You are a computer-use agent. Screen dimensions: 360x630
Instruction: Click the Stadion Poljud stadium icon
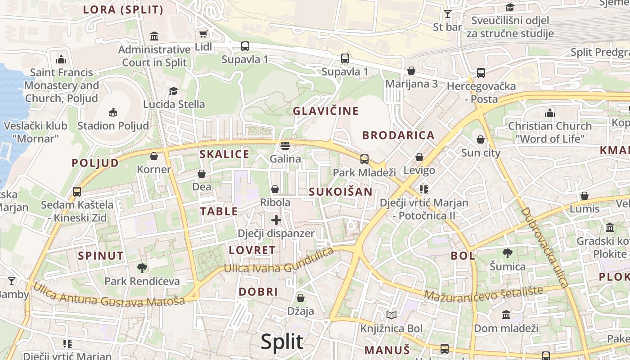(x=113, y=112)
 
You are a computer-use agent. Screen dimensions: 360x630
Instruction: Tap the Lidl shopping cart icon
(x=203, y=34)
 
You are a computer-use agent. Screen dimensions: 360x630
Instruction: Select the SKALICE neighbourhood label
(x=224, y=154)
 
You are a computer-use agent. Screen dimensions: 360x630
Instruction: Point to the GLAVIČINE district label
(x=326, y=111)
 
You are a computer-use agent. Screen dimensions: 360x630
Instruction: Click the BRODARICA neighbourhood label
(x=398, y=135)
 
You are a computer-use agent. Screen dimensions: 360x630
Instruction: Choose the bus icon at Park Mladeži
(x=364, y=159)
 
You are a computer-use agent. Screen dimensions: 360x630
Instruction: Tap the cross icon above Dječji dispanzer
(x=276, y=220)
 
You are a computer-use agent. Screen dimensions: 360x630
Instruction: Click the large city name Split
(x=282, y=342)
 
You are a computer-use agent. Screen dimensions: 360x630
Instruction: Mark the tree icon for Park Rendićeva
(x=142, y=268)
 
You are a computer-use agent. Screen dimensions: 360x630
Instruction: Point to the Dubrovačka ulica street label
(x=545, y=247)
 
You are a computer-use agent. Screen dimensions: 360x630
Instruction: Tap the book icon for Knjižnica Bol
(x=391, y=315)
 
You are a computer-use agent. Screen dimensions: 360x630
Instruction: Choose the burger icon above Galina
(x=285, y=146)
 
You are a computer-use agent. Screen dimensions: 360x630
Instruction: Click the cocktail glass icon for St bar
(x=448, y=14)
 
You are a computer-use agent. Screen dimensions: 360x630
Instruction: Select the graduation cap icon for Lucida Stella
(x=174, y=91)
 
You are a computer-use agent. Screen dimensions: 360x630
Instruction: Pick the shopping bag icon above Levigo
(x=419, y=157)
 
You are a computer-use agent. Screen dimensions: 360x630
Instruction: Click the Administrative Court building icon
(x=154, y=36)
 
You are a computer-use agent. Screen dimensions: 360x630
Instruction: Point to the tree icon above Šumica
(x=508, y=253)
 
